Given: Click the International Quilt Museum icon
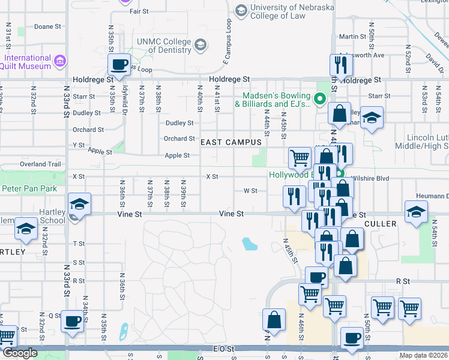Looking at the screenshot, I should pyautogui.click(x=59, y=61).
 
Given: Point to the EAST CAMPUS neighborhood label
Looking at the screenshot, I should pyautogui.click(x=231, y=142).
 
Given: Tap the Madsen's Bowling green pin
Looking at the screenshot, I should pyautogui.click(x=320, y=98).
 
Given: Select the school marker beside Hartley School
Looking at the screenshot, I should pyautogui.click(x=79, y=204).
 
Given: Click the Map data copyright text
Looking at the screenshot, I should pyautogui.click(x=424, y=355).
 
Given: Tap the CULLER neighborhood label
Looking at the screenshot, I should pyautogui.click(x=379, y=223).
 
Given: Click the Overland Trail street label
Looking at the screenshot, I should pyautogui.click(x=41, y=164).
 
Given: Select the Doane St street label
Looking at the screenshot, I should pyautogui.click(x=47, y=27).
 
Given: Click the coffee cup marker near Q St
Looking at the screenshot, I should pyautogui.click(x=73, y=322).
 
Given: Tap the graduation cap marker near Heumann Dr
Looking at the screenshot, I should pyautogui.click(x=415, y=212).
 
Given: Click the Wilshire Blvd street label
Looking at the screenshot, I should pyautogui.click(x=367, y=178).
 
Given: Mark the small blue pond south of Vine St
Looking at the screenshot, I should pyautogui.click(x=249, y=244).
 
